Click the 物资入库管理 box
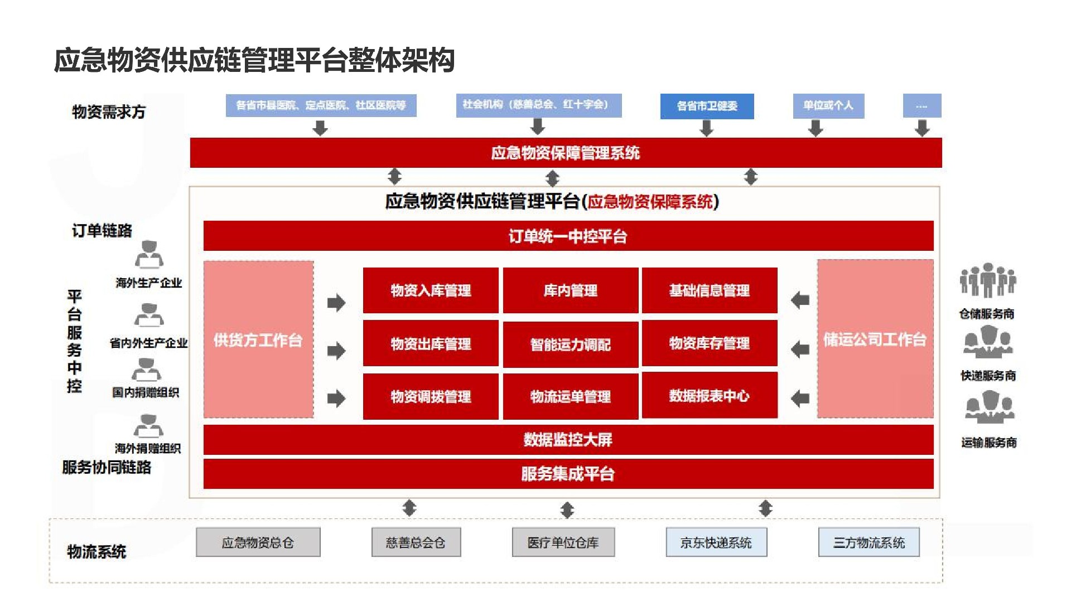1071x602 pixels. (x=431, y=290)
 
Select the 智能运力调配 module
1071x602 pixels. (x=570, y=344)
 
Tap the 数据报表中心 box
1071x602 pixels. (x=709, y=396)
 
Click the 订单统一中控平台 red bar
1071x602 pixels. (x=568, y=236)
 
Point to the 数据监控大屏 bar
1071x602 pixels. (x=568, y=440)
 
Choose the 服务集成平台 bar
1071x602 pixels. (x=568, y=474)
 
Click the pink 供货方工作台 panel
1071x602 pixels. (x=258, y=339)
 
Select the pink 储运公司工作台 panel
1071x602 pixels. (x=875, y=339)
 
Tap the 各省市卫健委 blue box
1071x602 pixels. (x=707, y=106)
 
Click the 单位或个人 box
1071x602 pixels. (x=828, y=105)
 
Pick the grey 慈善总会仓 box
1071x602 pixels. (x=416, y=542)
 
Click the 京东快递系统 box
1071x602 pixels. (x=716, y=542)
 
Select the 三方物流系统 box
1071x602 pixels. (x=869, y=542)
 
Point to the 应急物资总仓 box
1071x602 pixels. (x=258, y=542)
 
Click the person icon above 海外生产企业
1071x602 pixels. (x=149, y=255)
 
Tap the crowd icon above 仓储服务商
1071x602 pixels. (x=987, y=280)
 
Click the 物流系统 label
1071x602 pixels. (x=97, y=551)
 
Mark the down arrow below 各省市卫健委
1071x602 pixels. (x=707, y=128)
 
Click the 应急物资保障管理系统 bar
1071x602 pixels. (x=566, y=153)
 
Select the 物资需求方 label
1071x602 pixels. (x=109, y=112)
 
